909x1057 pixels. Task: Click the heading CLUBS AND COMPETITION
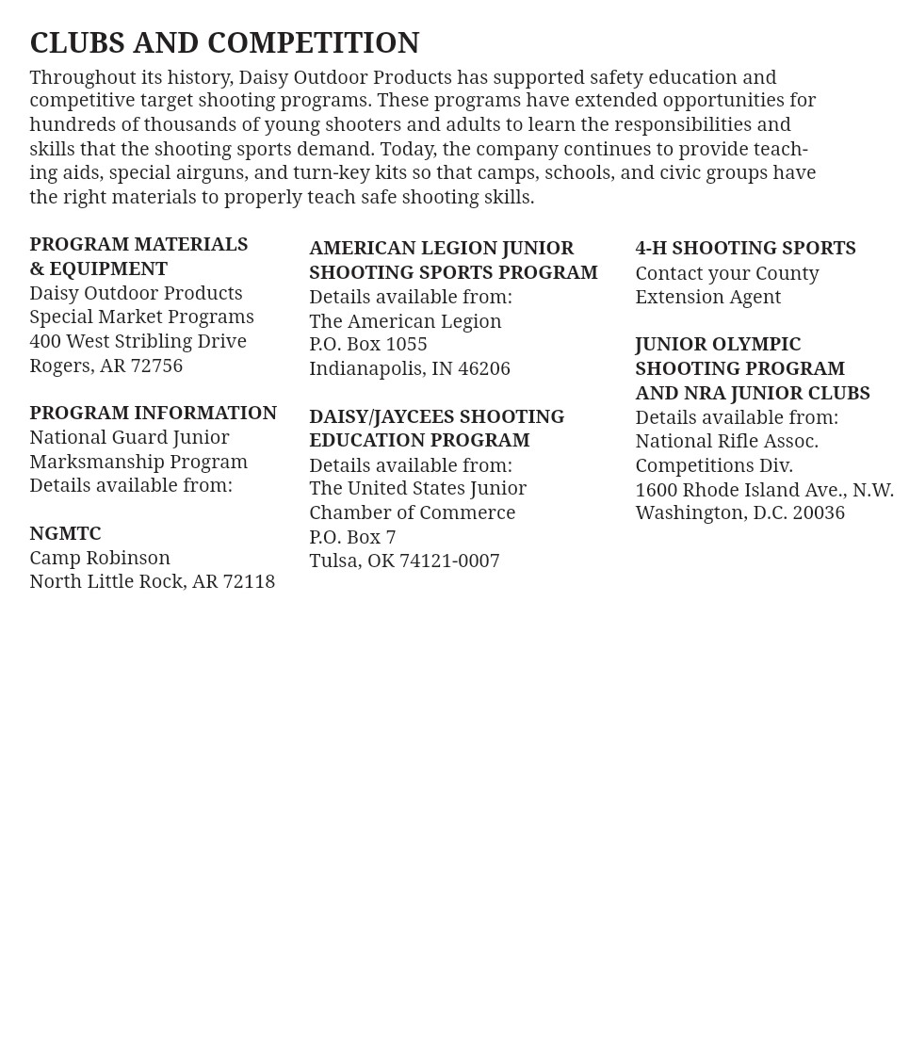[x=224, y=43]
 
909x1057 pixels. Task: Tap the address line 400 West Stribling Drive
[x=138, y=341]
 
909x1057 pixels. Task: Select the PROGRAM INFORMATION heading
[x=153, y=413]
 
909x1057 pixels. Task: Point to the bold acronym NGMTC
[x=65, y=533]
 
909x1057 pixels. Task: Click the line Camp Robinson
[x=100, y=558]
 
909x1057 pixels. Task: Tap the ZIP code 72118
[x=249, y=581]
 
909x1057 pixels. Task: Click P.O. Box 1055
[x=368, y=345]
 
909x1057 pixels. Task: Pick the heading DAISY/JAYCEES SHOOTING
[x=436, y=416]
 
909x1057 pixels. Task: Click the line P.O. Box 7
[x=352, y=537]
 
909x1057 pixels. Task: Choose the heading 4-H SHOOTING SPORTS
[x=745, y=248]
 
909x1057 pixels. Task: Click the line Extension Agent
[x=707, y=297]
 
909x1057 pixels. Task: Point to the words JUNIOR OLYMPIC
[x=718, y=345]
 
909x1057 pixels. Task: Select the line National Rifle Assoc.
[x=726, y=441]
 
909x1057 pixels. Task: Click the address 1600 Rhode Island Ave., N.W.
[x=764, y=490]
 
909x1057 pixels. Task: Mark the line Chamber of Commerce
[x=412, y=512]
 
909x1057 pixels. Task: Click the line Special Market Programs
[x=141, y=317]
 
